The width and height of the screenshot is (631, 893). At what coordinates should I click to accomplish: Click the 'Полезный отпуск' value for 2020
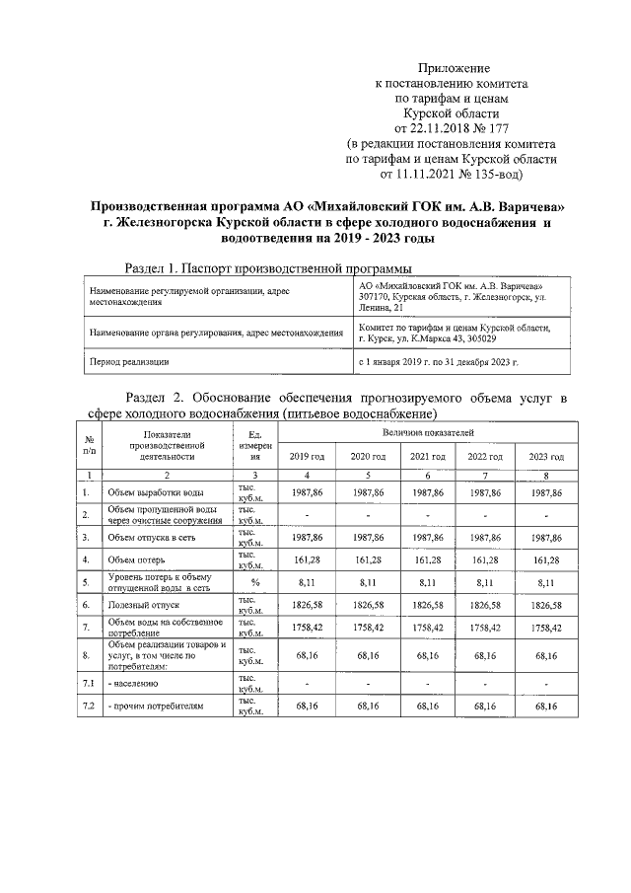pyautogui.click(x=367, y=604)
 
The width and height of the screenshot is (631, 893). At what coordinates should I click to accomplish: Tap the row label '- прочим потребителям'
pyautogui.click(x=155, y=707)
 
